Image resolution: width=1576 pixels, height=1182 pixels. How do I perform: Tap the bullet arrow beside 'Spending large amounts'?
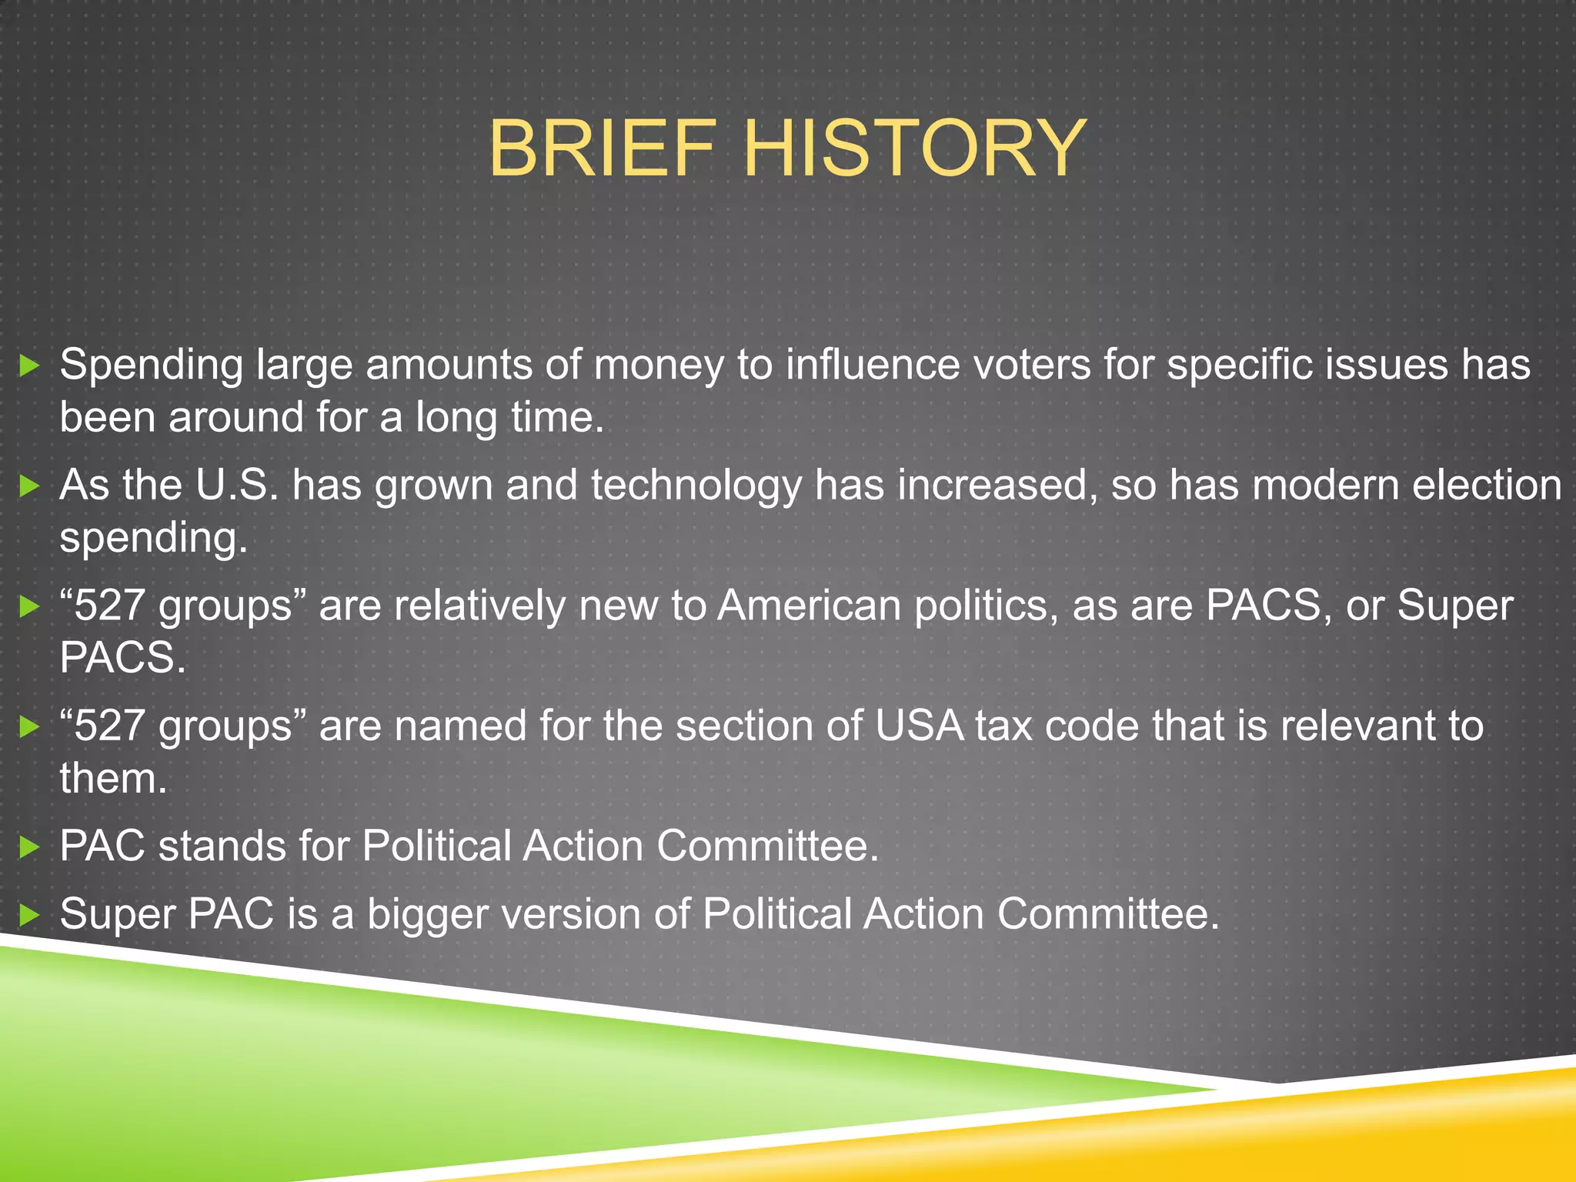click(x=29, y=366)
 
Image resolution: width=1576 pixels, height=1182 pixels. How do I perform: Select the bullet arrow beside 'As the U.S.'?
click(x=29, y=486)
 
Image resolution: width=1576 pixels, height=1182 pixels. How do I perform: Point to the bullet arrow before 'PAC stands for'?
click(x=29, y=847)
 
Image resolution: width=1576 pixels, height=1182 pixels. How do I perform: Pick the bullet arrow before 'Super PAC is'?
click(x=29, y=915)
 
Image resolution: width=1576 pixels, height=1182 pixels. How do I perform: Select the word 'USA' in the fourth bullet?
click(x=919, y=726)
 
